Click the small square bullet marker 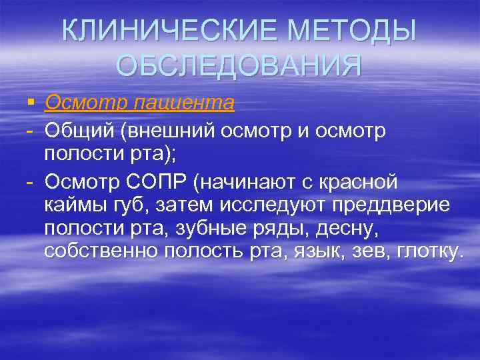[30, 104]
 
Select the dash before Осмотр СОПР [30, 181]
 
